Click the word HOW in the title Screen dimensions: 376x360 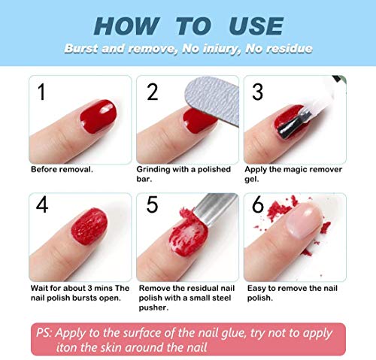coord(127,26)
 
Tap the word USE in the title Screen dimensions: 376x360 coord(256,26)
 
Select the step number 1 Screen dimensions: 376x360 coord(41,92)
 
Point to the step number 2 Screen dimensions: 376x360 coord(153,92)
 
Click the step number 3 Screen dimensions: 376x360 coord(257,92)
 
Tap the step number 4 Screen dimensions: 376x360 coord(42,204)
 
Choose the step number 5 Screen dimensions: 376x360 coord(152,204)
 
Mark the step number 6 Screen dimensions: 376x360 coord(258,204)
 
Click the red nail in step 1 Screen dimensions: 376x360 coord(99,116)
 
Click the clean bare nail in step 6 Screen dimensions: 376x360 coord(304,220)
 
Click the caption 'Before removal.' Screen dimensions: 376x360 coord(62,169)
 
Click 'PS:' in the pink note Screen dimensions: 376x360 coord(44,333)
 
